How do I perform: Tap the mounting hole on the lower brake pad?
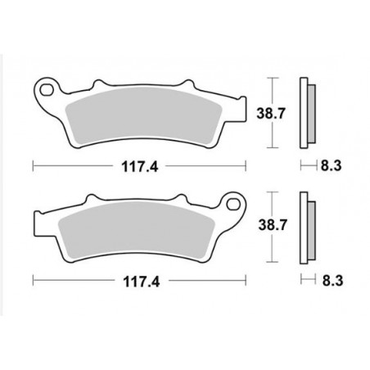coord(236,201)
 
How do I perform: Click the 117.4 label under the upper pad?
coord(138,166)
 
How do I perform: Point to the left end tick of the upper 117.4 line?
coord(32,166)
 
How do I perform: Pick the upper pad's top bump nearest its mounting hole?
coord(100,83)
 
